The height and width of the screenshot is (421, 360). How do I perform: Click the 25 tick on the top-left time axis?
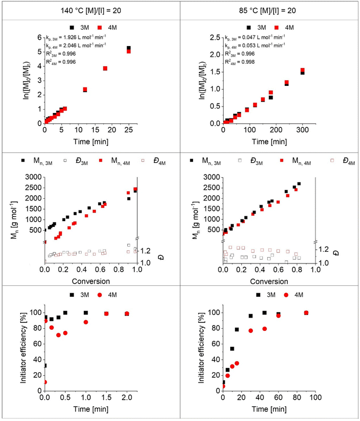point(128,130)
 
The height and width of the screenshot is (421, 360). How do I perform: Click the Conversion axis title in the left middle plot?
point(91,280)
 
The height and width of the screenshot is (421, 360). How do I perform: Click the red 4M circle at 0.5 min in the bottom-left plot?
point(65,333)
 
